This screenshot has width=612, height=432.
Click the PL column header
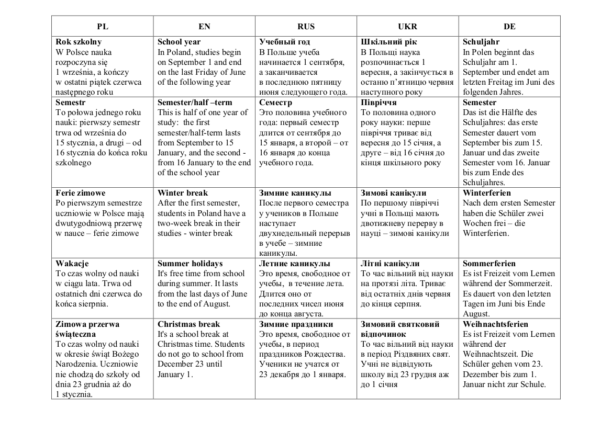(102, 26)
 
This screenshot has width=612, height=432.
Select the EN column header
(204, 26)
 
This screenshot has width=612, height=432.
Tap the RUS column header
(306, 26)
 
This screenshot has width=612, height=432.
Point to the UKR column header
(407, 26)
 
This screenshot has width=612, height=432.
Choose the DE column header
(509, 26)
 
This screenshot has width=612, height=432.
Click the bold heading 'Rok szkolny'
(79, 42)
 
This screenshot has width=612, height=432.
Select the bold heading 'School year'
(179, 42)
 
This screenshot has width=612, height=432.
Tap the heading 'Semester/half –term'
(195, 103)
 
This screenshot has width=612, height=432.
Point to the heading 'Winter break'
(183, 193)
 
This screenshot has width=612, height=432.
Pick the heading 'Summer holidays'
(190, 264)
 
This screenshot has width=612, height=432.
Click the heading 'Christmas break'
(189, 324)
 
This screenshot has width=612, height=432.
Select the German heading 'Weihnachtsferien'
(496, 324)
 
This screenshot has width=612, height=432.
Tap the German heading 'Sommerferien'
(489, 264)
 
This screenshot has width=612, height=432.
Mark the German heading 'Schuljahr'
(481, 42)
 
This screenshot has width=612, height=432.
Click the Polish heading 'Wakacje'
(72, 264)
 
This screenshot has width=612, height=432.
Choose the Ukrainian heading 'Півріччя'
(379, 103)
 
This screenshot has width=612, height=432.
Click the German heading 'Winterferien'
(487, 193)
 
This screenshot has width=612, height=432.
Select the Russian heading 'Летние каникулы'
(295, 264)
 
